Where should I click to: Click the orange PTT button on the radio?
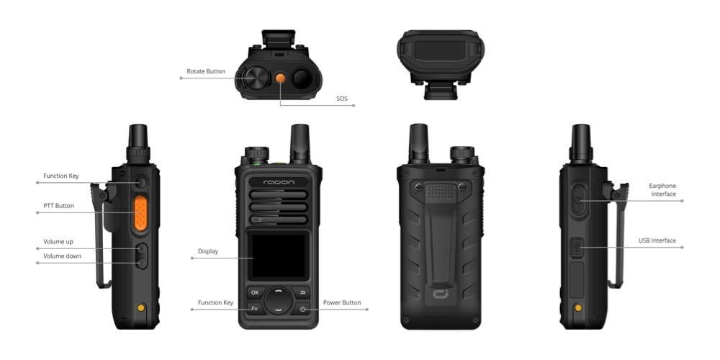pos(140,213)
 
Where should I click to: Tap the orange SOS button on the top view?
pos(281,78)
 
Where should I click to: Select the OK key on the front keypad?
pos(255,292)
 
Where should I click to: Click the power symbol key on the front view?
pos(302,309)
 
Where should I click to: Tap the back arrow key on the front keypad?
pos(302,292)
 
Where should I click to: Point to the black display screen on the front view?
pos(278,256)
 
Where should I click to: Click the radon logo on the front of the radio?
pos(279,182)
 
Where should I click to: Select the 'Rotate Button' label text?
pos(206,71)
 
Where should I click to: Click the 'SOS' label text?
pos(342,98)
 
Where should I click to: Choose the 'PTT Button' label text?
pos(59,206)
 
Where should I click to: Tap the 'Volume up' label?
pos(58,241)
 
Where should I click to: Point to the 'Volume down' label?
pos(63,256)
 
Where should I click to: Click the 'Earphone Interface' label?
pos(662,189)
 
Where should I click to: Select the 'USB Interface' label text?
pos(657,240)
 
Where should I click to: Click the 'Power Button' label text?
pos(342,302)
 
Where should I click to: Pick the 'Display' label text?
pos(208,251)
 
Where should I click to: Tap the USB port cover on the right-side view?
pos(577,247)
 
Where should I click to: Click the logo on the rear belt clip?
pos(441,294)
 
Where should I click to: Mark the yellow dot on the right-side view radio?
pos(579,307)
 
